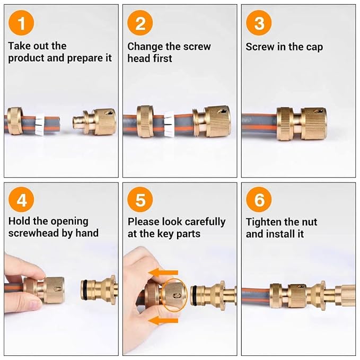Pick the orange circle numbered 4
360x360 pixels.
pos(21,200)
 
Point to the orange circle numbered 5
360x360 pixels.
pos(140,200)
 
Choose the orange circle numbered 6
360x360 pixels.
pos(259,200)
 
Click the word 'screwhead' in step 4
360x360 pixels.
pos(36,233)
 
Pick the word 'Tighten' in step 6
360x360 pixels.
pos(265,222)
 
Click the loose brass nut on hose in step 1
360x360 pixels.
pos(14,121)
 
